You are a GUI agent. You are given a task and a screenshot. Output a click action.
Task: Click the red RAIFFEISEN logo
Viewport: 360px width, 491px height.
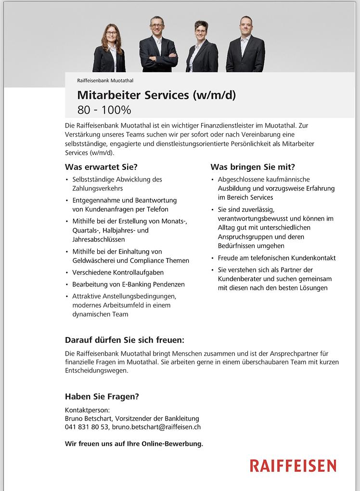tap(293, 465)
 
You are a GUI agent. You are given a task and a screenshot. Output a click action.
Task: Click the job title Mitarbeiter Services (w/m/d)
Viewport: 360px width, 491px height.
tap(156, 95)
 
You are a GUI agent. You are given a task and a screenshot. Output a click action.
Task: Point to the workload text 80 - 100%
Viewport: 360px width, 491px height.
tap(104, 110)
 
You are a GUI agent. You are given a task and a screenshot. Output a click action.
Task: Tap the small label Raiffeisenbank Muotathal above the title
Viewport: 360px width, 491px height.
tap(105, 80)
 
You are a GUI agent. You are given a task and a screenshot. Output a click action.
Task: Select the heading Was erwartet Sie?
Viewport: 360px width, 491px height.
tap(101, 167)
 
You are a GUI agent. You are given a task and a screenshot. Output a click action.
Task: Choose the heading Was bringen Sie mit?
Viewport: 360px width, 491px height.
tap(252, 167)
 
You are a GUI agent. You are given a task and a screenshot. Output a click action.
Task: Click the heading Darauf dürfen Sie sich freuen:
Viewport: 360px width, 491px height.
tap(125, 340)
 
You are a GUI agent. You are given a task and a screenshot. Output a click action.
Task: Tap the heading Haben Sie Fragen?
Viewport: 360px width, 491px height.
tap(102, 397)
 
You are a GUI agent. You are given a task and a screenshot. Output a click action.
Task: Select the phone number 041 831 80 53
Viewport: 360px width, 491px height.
tap(87, 426)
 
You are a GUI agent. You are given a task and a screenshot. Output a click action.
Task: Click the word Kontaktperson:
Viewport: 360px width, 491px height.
tap(87, 410)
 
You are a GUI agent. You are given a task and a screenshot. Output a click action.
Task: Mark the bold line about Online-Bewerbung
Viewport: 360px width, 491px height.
tap(134, 443)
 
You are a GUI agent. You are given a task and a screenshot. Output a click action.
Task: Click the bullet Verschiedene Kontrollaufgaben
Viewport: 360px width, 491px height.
tap(118, 272)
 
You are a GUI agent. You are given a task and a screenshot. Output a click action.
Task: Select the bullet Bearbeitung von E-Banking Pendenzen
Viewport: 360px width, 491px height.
tap(129, 284)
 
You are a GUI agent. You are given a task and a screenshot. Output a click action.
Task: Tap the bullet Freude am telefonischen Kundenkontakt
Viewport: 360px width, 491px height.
tap(277, 258)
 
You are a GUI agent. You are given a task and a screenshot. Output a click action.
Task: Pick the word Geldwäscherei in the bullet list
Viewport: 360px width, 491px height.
tap(94, 260)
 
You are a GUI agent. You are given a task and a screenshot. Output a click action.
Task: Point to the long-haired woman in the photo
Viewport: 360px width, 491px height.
tap(110, 50)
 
